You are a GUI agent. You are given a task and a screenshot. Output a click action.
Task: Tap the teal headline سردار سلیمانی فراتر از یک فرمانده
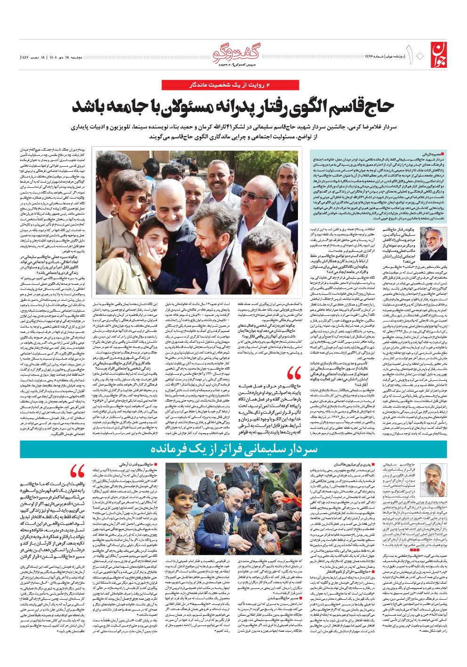pos(233,450)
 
